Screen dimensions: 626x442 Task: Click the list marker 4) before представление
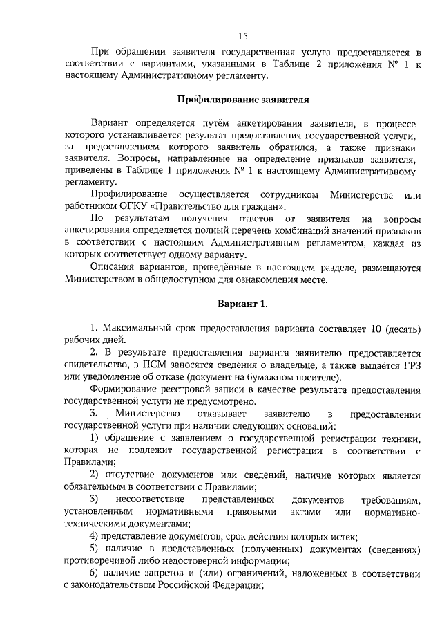tap(96, 536)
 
